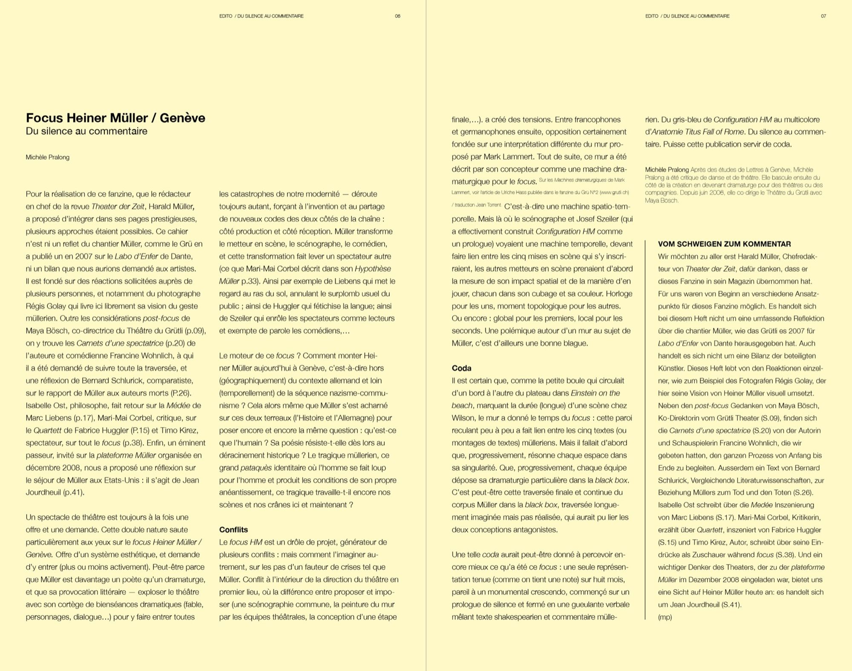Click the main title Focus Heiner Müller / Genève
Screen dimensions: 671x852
(115, 118)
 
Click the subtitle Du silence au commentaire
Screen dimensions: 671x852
(86, 131)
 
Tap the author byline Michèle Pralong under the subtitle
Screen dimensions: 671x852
(47, 157)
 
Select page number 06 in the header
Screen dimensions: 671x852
(397, 16)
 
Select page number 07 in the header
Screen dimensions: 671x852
(823, 16)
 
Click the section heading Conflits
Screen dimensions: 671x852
(233, 530)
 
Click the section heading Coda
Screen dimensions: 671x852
(461, 368)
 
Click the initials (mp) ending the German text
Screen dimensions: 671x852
(665, 617)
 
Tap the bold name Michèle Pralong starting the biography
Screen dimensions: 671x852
(667, 170)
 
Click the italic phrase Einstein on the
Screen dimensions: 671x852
(595, 393)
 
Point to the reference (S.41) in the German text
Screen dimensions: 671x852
(729, 605)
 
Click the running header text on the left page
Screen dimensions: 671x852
(261, 16)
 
